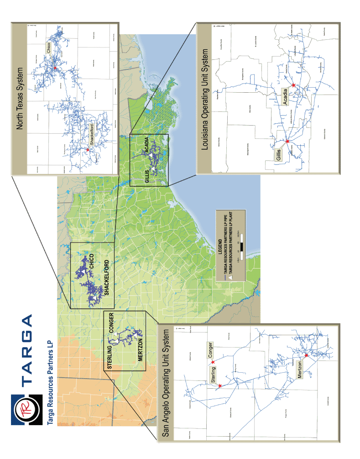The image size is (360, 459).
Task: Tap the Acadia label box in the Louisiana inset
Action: [286, 97]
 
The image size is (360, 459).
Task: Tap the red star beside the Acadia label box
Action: [293, 85]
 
